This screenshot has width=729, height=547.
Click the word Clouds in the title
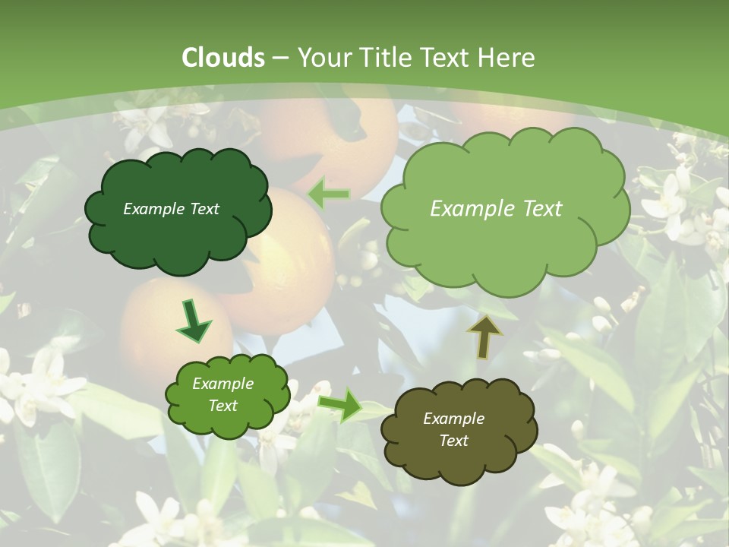[223, 58]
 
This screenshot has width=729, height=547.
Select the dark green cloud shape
[178, 210]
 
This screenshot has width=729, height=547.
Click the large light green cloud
[504, 209]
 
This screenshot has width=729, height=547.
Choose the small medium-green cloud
[227, 395]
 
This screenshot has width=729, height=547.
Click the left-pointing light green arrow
[329, 194]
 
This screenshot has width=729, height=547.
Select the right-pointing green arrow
[340, 405]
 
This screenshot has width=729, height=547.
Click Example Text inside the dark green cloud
[171, 209]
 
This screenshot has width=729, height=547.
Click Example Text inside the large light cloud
[496, 209]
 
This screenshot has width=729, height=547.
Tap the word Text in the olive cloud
[453, 441]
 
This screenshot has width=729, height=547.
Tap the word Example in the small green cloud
[222, 384]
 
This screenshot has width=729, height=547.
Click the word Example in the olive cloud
[453, 419]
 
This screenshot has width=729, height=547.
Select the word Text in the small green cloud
[222, 406]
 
